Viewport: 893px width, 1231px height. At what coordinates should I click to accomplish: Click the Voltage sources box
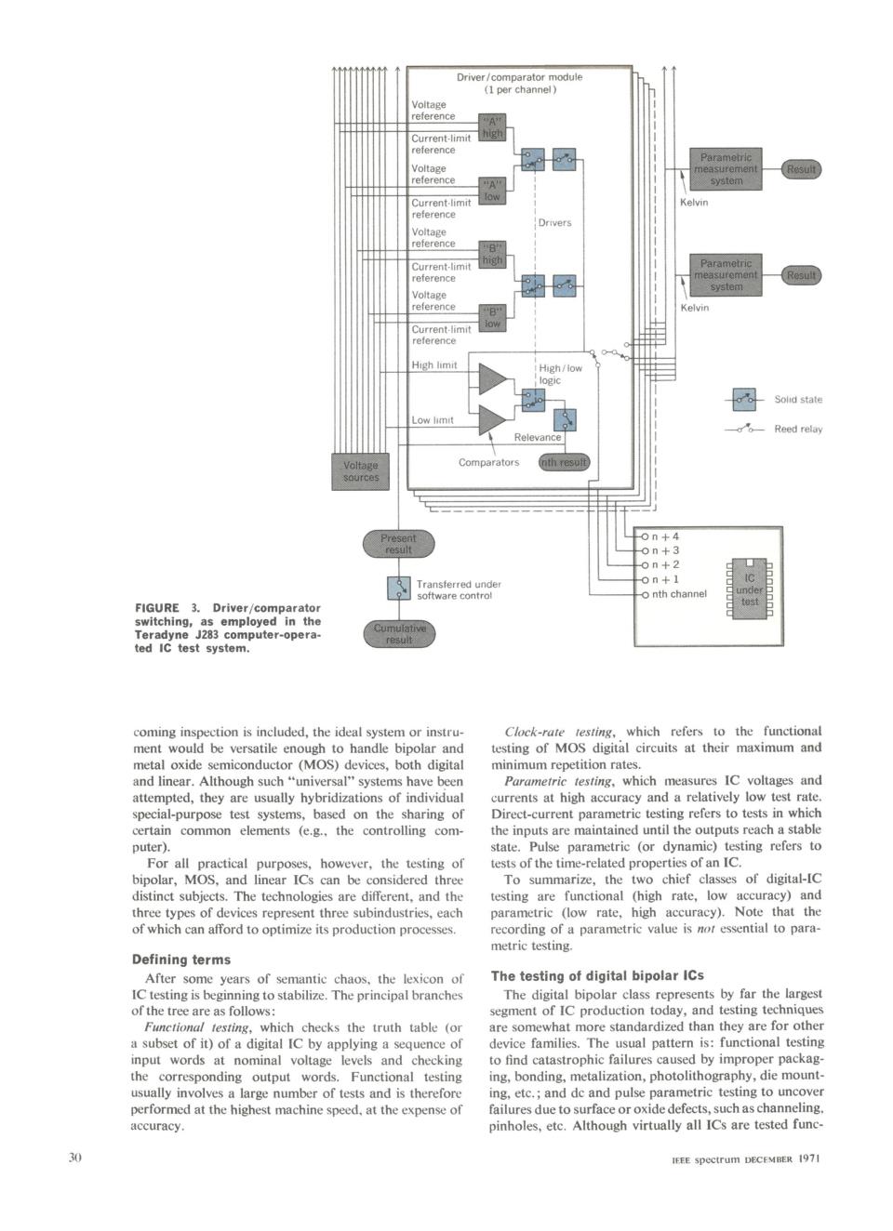point(360,471)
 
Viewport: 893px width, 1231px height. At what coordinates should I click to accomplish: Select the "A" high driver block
point(492,127)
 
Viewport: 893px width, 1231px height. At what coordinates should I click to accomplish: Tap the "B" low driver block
point(492,318)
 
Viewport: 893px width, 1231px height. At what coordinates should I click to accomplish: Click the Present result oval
point(399,544)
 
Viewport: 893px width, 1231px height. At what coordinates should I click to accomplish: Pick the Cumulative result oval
point(399,634)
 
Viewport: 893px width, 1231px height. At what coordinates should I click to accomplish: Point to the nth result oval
point(564,462)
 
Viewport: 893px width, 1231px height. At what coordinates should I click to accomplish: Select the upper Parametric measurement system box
point(726,168)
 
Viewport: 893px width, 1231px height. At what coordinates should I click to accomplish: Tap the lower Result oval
point(801,275)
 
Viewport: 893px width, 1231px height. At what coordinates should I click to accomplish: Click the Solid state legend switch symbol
point(744,400)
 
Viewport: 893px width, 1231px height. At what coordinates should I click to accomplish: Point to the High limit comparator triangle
point(492,379)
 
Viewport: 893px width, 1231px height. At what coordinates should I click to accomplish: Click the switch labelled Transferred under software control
point(399,589)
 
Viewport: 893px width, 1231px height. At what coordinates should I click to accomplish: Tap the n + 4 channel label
point(665,536)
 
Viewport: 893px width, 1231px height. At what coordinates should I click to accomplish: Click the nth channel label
point(679,594)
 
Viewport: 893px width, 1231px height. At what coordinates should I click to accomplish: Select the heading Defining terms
point(180,960)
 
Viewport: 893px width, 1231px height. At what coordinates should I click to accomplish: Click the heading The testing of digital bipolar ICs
point(597,976)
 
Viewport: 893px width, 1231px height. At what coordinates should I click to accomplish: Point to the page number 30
point(74,1158)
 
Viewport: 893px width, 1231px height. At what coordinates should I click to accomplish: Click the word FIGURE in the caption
point(157,608)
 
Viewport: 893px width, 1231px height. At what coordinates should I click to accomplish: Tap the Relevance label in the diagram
point(538,437)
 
